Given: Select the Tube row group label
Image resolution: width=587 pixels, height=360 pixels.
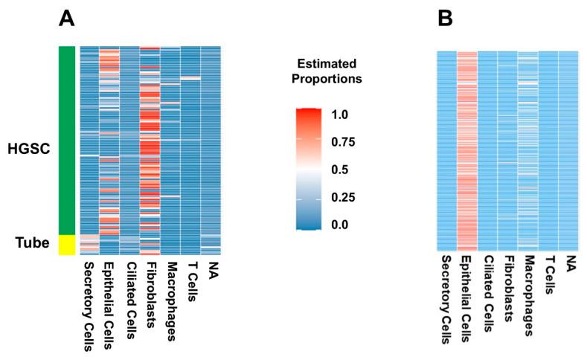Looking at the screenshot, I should tap(34, 243).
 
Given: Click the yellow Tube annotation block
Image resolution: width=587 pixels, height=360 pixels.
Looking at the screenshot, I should tap(67, 245).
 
